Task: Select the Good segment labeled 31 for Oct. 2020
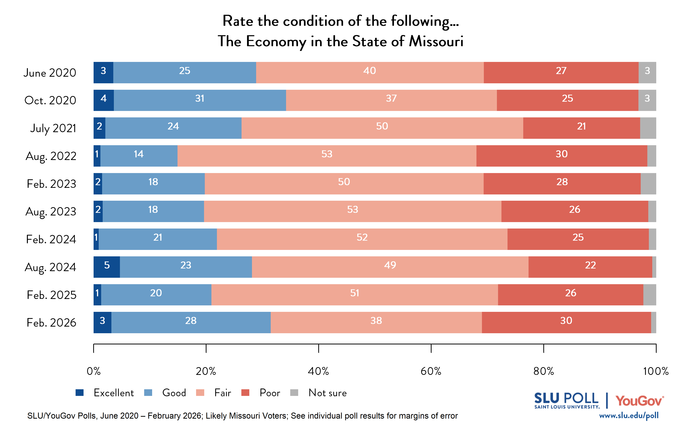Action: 200,100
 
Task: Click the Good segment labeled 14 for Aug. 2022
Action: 139,156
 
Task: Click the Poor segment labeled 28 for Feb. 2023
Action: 562,184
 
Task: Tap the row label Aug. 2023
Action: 51,212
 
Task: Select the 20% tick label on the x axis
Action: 206,371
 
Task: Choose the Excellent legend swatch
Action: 80,392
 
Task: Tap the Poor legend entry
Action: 269,392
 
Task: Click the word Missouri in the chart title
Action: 436,41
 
